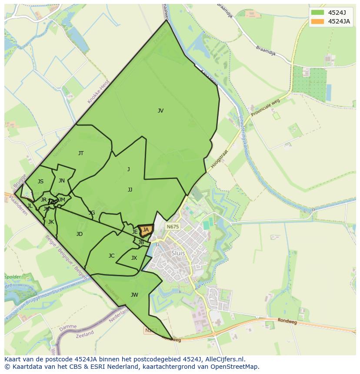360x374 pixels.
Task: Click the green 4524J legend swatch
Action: pyautogui.click(x=317, y=13)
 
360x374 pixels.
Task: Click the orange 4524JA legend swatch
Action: pyautogui.click(x=317, y=21)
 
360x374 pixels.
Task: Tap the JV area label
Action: pyautogui.click(x=160, y=111)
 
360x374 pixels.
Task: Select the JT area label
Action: pyautogui.click(x=81, y=153)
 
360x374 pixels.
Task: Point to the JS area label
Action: pyautogui.click(x=40, y=182)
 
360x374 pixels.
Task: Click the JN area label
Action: pyautogui.click(x=62, y=181)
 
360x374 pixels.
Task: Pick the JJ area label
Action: pyautogui.click(x=130, y=190)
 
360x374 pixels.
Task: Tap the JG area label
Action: pyautogui.click(x=92, y=213)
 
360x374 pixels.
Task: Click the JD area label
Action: pyautogui.click(x=80, y=234)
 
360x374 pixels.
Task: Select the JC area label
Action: pyautogui.click(x=112, y=256)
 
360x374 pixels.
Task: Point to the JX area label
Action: pyautogui.click(x=134, y=258)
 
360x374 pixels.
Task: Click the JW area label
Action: pyautogui.click(x=134, y=295)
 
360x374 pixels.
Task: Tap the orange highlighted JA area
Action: pyautogui.click(x=146, y=230)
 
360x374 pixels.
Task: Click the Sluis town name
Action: pyautogui.click(x=178, y=253)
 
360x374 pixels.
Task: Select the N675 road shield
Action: pyautogui.click(x=173, y=227)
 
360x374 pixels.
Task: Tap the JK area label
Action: pyautogui.click(x=51, y=222)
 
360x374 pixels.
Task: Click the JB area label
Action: pyautogui.click(x=141, y=242)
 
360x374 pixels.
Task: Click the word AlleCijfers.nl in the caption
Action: pyautogui.click(x=225, y=359)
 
